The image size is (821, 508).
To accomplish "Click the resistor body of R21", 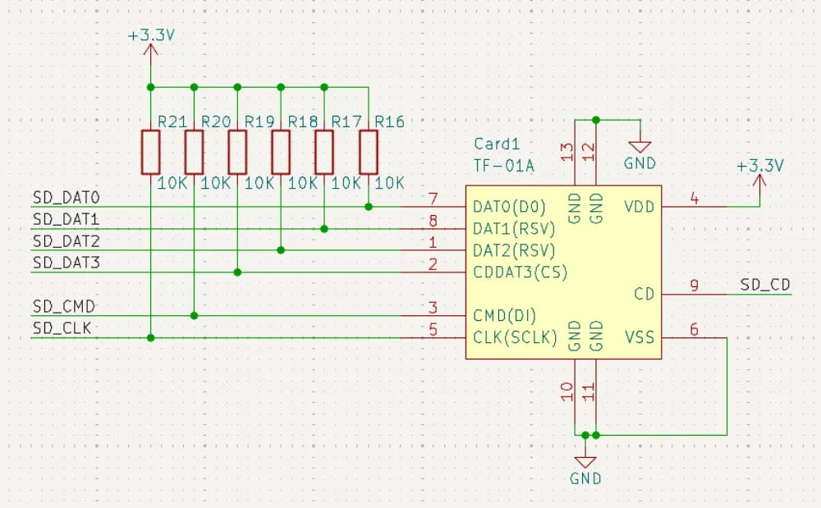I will pyautogui.click(x=150, y=152).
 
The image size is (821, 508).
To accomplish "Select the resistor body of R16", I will pyautogui.click(x=369, y=152).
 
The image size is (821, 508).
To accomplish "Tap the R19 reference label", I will pyautogui.click(x=259, y=122).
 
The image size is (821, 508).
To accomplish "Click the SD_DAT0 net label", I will pyautogui.click(x=66, y=198).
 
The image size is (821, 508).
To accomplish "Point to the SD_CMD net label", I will pyautogui.click(x=64, y=306).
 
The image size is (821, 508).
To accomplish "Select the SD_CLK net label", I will pyautogui.click(x=62, y=328).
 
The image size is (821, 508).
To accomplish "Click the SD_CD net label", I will pyautogui.click(x=765, y=285).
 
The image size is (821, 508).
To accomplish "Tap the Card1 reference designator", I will pyautogui.click(x=497, y=144).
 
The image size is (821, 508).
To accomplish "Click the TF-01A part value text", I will pyautogui.click(x=503, y=166).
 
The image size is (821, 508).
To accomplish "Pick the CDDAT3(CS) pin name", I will pyautogui.click(x=520, y=272).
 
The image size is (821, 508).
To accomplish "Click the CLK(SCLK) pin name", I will pyautogui.click(x=515, y=337).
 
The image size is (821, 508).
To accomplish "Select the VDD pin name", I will pyautogui.click(x=640, y=206).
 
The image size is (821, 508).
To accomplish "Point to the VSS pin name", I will pyautogui.click(x=640, y=337).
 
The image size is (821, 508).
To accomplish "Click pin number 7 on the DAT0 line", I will pyautogui.click(x=433, y=199).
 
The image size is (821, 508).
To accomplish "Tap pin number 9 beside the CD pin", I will pyautogui.click(x=694, y=286).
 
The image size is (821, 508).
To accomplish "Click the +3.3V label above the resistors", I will pyautogui.click(x=151, y=36).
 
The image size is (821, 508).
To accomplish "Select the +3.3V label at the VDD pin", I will pyautogui.click(x=759, y=166).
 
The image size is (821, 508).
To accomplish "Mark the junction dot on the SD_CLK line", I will pyautogui.click(x=150, y=337).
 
